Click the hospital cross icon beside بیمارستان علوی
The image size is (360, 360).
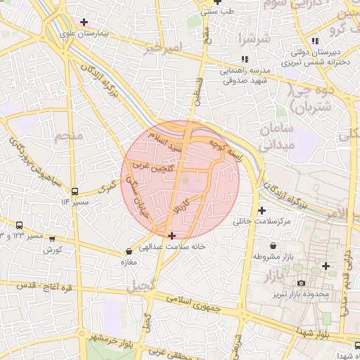pyautogui.click(x=84, y=22)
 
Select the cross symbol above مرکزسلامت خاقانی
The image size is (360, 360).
pyautogui.click(x=262, y=210)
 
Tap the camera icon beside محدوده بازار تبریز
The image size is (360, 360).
pyautogui.click(x=302, y=283)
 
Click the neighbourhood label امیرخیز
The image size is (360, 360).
pyautogui.click(x=163, y=48)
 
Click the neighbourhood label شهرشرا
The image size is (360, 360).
pyautogui.click(x=254, y=37)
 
